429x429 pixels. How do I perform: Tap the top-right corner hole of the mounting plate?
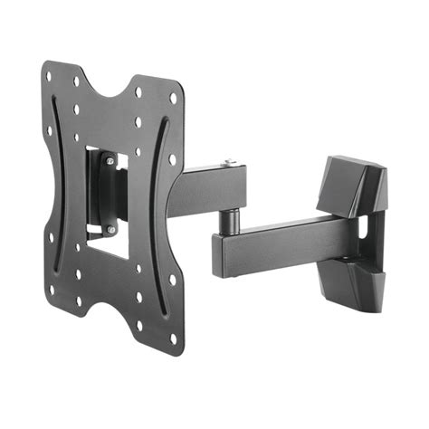tap(174, 97)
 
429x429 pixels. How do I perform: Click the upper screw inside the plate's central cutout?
tap(110, 161)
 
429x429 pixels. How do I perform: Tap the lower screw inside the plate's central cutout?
tap(110, 231)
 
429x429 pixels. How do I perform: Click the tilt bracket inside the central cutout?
tap(107, 195)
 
